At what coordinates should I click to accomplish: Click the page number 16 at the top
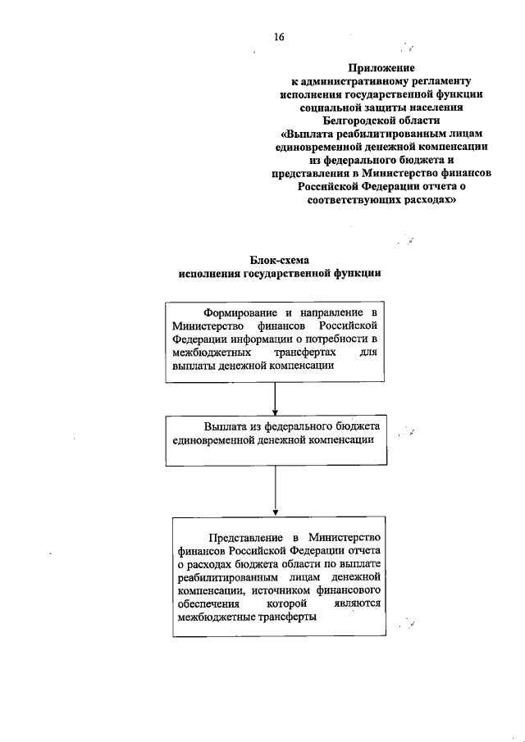[x=281, y=37]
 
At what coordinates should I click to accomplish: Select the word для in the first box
[x=368, y=353]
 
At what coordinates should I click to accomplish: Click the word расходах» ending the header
[x=430, y=198]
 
